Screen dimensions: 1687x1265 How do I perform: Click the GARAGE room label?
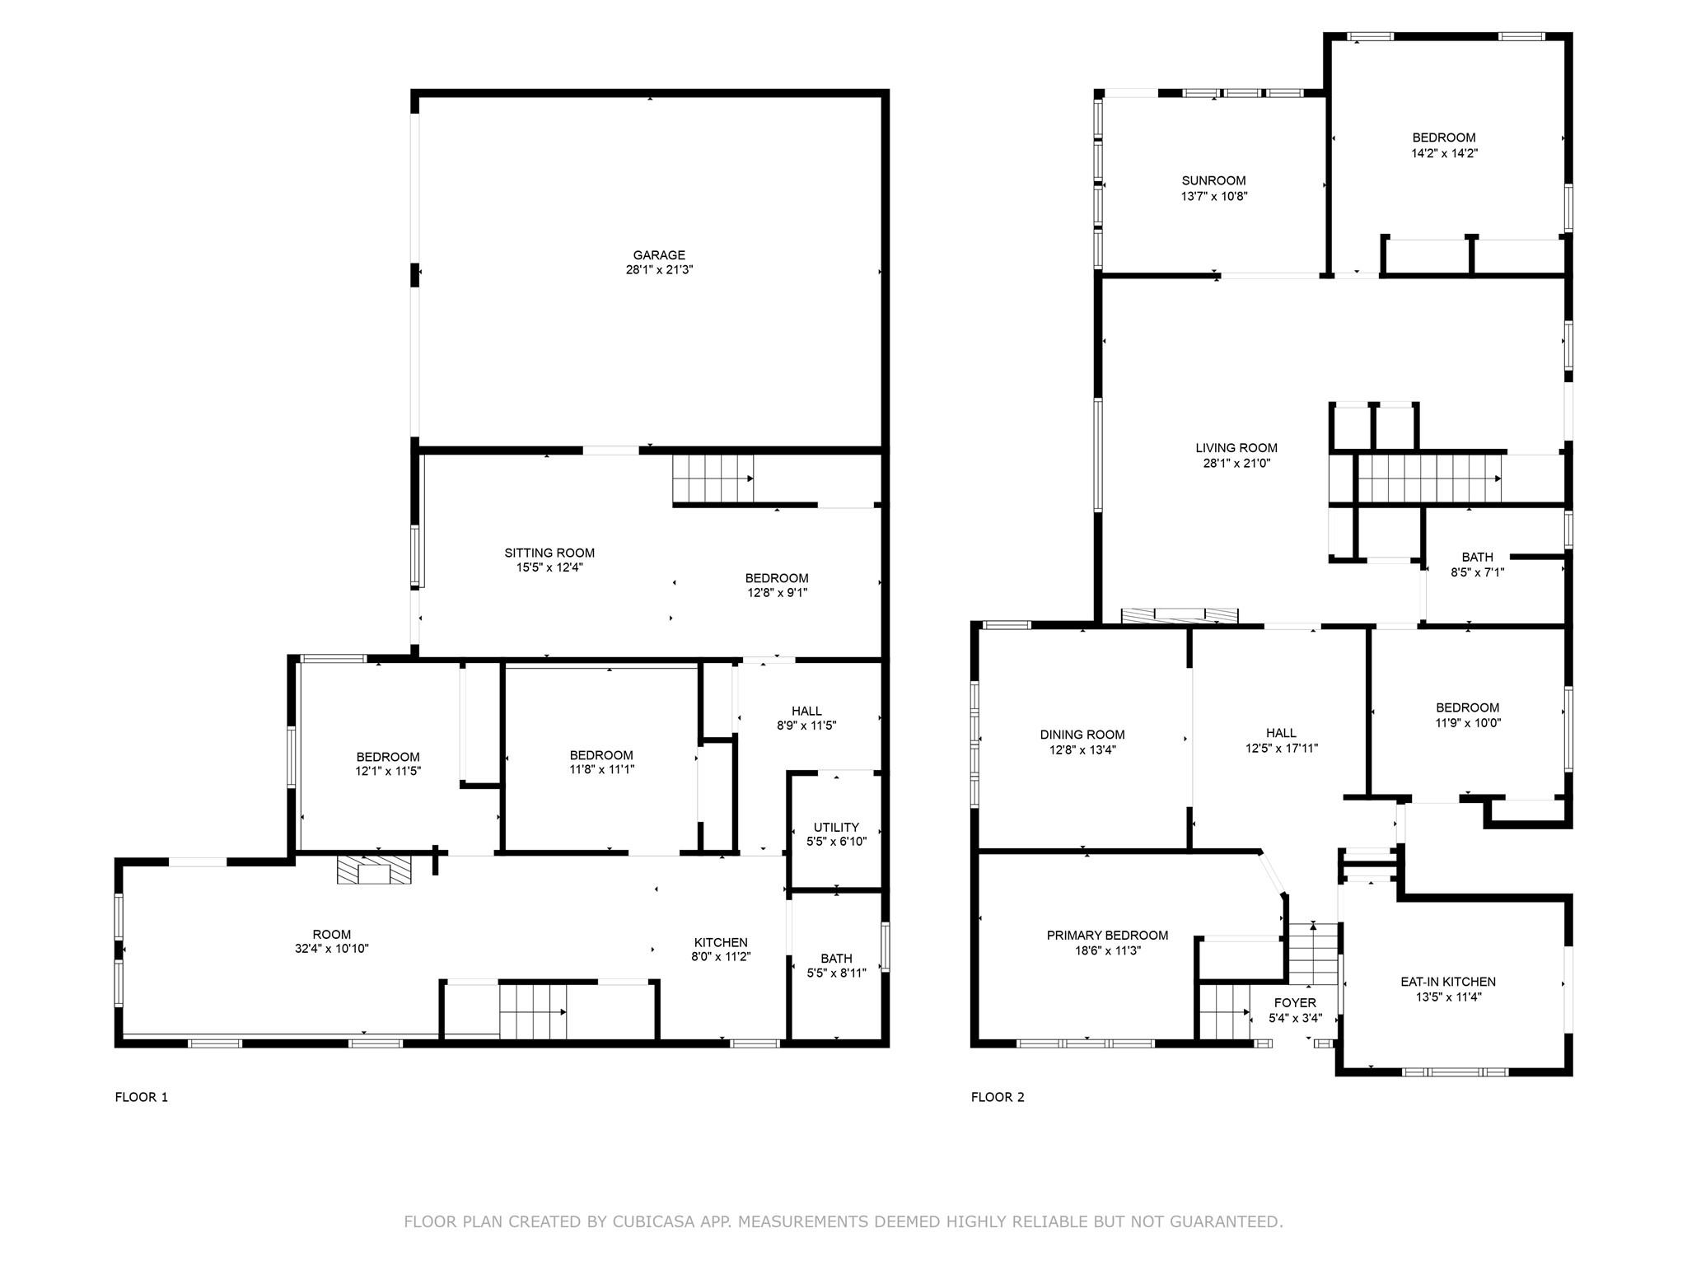coord(659,255)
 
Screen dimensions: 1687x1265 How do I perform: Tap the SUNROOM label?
coord(1213,181)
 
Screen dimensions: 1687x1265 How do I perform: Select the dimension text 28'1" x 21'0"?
coord(1236,464)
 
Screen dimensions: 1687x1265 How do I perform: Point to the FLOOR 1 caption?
coord(141,1097)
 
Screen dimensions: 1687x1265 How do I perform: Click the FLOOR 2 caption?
coord(998,1097)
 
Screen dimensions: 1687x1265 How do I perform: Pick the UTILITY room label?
coord(836,828)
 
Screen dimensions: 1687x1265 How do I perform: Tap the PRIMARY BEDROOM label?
coord(1107,936)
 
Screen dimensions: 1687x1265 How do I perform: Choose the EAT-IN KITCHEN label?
coord(1448,982)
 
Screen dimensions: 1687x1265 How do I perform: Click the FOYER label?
coord(1295,1003)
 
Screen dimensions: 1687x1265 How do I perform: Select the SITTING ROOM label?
coord(549,553)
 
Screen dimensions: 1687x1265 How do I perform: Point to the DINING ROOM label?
coord(1082,735)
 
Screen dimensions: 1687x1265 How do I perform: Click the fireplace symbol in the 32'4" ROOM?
coord(374,870)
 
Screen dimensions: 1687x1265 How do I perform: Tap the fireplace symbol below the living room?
coord(1180,616)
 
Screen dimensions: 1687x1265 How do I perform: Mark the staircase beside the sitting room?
coord(713,478)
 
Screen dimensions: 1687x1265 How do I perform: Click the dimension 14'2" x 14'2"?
coord(1444,153)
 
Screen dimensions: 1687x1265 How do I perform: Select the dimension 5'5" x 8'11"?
coord(836,973)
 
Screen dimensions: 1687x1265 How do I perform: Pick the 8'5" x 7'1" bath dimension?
coord(1478,572)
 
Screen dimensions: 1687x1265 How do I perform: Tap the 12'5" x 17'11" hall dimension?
coord(1282,749)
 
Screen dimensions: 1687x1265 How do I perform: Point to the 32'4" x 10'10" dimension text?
coord(332,949)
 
